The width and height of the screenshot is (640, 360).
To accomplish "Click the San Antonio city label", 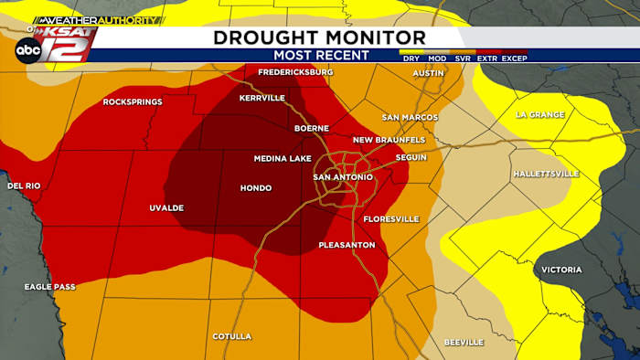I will pos(342,176).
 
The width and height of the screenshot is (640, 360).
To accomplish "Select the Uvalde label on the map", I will pos(166,208).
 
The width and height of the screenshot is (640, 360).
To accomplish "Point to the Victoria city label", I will pos(560,270).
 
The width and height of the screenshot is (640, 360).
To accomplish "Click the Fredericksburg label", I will pos(295,71).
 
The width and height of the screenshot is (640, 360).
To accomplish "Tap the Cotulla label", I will pos(231,336).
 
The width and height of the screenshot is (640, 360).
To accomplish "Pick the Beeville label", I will pos(463,342).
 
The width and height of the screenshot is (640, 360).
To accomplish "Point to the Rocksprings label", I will pos(133,101).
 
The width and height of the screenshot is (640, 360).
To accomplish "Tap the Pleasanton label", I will pos(347,245).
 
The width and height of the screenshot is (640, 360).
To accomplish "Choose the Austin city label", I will pos(428,73).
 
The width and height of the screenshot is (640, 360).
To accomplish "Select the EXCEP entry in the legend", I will pos(514,58).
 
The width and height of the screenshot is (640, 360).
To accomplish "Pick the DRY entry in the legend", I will pos(411,58).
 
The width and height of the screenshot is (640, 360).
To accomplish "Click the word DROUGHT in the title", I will pos(265,37).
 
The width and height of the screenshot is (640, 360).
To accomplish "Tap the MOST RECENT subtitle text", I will pos(321,55).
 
